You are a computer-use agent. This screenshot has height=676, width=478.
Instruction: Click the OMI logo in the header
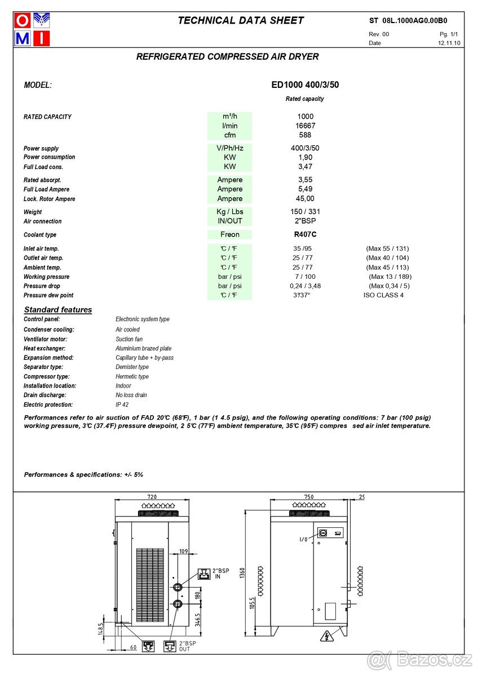point(33,29)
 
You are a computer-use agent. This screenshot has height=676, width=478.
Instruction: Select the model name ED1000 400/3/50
point(305,85)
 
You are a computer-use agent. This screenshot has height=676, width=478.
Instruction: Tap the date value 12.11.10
point(449,43)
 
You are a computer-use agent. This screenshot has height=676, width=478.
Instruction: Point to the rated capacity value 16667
point(305,126)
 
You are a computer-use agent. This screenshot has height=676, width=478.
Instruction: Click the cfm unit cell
point(229,135)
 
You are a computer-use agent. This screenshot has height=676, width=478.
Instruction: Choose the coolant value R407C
point(305,234)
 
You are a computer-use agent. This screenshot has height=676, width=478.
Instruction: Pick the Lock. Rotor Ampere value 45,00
point(305,198)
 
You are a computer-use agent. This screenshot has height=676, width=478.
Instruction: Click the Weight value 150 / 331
point(305,212)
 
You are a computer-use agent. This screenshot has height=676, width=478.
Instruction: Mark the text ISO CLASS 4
point(383,295)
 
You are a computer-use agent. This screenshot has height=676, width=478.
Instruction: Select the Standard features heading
point(57,310)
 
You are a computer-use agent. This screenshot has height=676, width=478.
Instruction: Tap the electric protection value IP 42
point(122,404)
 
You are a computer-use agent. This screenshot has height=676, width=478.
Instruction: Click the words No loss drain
point(131,395)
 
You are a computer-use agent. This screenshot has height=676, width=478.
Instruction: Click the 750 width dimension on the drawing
point(308,497)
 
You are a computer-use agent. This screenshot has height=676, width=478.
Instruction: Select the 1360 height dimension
point(242,573)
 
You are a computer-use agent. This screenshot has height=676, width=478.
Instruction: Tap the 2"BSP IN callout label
point(220,573)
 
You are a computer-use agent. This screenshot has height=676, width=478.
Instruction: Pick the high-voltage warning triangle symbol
point(325,637)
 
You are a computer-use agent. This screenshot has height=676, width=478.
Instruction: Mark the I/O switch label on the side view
point(303,539)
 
